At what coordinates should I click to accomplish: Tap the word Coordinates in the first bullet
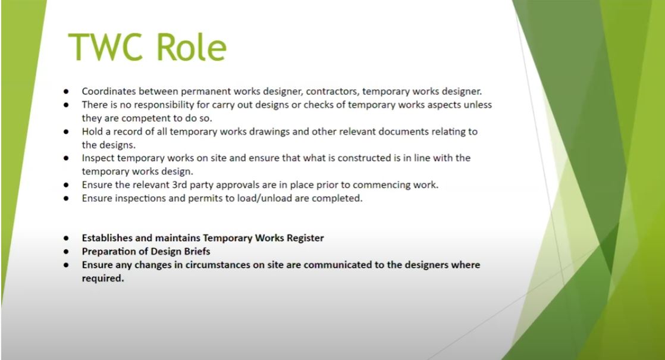click(109, 91)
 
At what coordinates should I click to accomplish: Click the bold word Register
click(305, 238)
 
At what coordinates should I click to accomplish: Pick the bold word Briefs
click(197, 252)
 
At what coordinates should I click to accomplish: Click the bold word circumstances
click(227, 265)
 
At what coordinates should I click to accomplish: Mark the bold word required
click(103, 278)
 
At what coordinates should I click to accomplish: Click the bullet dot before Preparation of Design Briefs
click(66, 252)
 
